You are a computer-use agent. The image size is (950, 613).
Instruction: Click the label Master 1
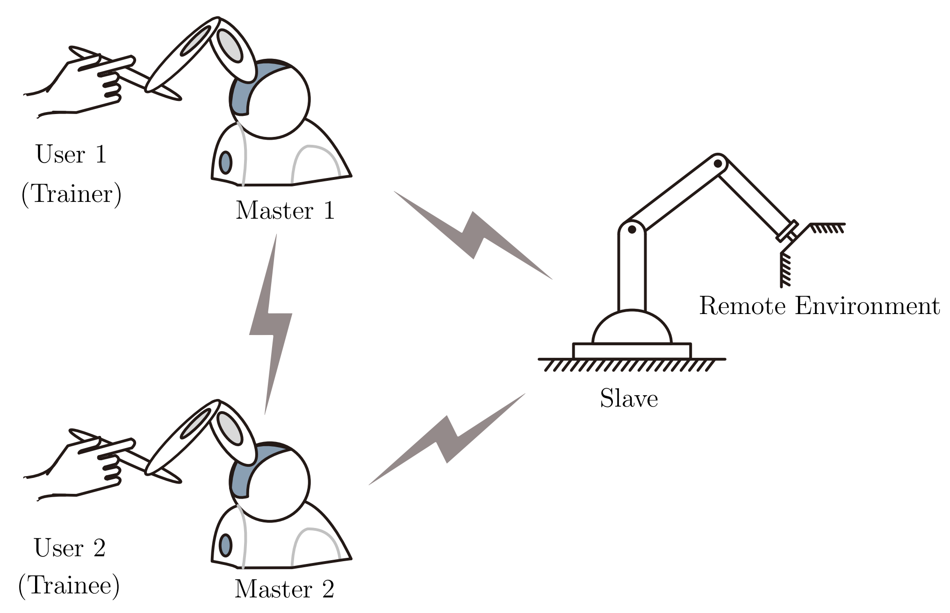285,211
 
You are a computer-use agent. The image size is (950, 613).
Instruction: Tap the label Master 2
284,589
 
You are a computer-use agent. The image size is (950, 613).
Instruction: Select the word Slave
629,399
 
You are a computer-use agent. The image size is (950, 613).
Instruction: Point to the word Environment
867,306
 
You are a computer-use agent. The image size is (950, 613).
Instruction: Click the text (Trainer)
72,193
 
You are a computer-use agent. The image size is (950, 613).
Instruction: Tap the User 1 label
71,154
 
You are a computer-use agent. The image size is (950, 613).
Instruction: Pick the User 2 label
70,548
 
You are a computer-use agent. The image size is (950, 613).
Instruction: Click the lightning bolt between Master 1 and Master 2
271,322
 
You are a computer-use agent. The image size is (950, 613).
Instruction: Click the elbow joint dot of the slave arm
717,164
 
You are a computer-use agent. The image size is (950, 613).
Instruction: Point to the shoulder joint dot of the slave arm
632,229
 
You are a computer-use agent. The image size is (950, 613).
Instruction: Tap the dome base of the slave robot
632,329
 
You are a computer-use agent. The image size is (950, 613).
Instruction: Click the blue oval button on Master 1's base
225,163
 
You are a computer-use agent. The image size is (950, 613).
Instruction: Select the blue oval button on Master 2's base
225,545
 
